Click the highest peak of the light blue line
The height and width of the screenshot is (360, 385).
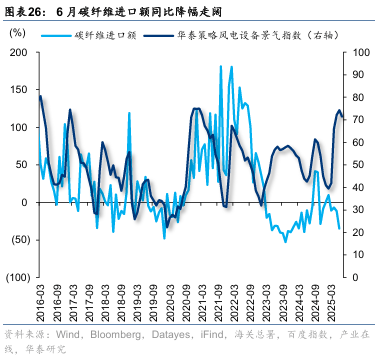[232, 67]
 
